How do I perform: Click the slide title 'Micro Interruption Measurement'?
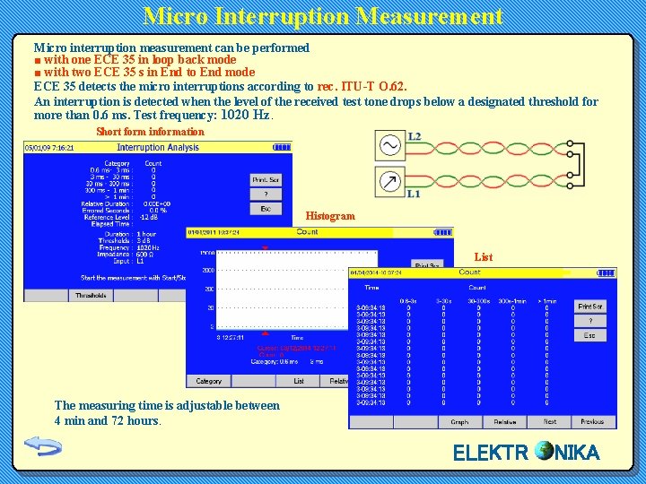tap(323, 16)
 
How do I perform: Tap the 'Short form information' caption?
tap(150, 132)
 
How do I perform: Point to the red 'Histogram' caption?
tap(329, 216)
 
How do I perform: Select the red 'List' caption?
tap(484, 257)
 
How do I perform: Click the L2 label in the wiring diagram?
tap(415, 137)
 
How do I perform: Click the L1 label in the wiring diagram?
tap(414, 194)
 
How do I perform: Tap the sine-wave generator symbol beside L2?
tap(390, 145)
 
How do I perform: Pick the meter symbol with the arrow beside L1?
tap(390, 182)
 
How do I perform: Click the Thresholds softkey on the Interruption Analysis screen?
tap(91, 296)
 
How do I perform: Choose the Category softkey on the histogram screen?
tap(209, 381)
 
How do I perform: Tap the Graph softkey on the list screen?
tap(459, 421)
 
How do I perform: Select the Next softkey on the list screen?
tap(549, 421)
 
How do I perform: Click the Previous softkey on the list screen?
tap(592, 421)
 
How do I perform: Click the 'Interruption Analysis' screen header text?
tap(158, 147)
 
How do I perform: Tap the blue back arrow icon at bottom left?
tap(41, 445)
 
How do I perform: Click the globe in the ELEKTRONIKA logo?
tap(544, 451)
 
